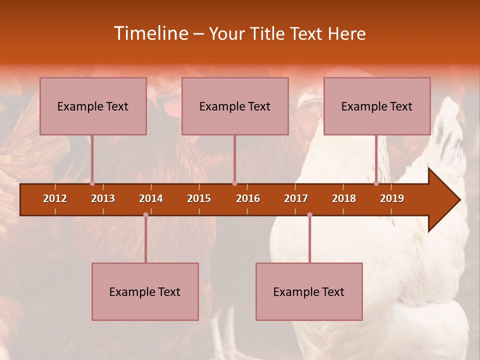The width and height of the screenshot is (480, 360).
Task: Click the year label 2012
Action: coord(55,198)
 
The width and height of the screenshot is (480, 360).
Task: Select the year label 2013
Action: coord(103,198)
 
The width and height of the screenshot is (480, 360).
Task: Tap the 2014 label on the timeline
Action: coord(151,198)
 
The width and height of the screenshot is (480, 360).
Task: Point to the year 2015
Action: coord(199,198)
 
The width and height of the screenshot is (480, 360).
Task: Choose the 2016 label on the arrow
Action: coord(248,198)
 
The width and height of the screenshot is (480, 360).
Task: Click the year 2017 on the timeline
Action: coord(296,198)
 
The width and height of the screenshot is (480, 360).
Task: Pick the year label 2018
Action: coord(344,198)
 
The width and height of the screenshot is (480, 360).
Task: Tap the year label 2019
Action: coord(392,198)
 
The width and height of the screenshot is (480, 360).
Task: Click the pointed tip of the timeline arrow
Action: coord(459,200)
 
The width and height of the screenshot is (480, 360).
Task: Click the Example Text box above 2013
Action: coord(93,106)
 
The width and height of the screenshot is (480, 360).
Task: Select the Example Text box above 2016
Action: coord(235,106)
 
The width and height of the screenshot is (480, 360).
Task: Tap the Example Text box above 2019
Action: coord(377,106)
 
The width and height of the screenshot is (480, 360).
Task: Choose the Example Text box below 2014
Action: coord(145,291)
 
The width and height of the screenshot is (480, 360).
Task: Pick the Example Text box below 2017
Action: coord(309,291)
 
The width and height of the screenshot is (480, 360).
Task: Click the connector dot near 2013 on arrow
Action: coord(92,183)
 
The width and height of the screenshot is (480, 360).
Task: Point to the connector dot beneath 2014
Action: coord(145,214)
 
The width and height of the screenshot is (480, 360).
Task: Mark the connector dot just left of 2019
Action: coord(376,183)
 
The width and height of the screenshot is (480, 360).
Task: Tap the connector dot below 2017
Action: coord(309,214)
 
